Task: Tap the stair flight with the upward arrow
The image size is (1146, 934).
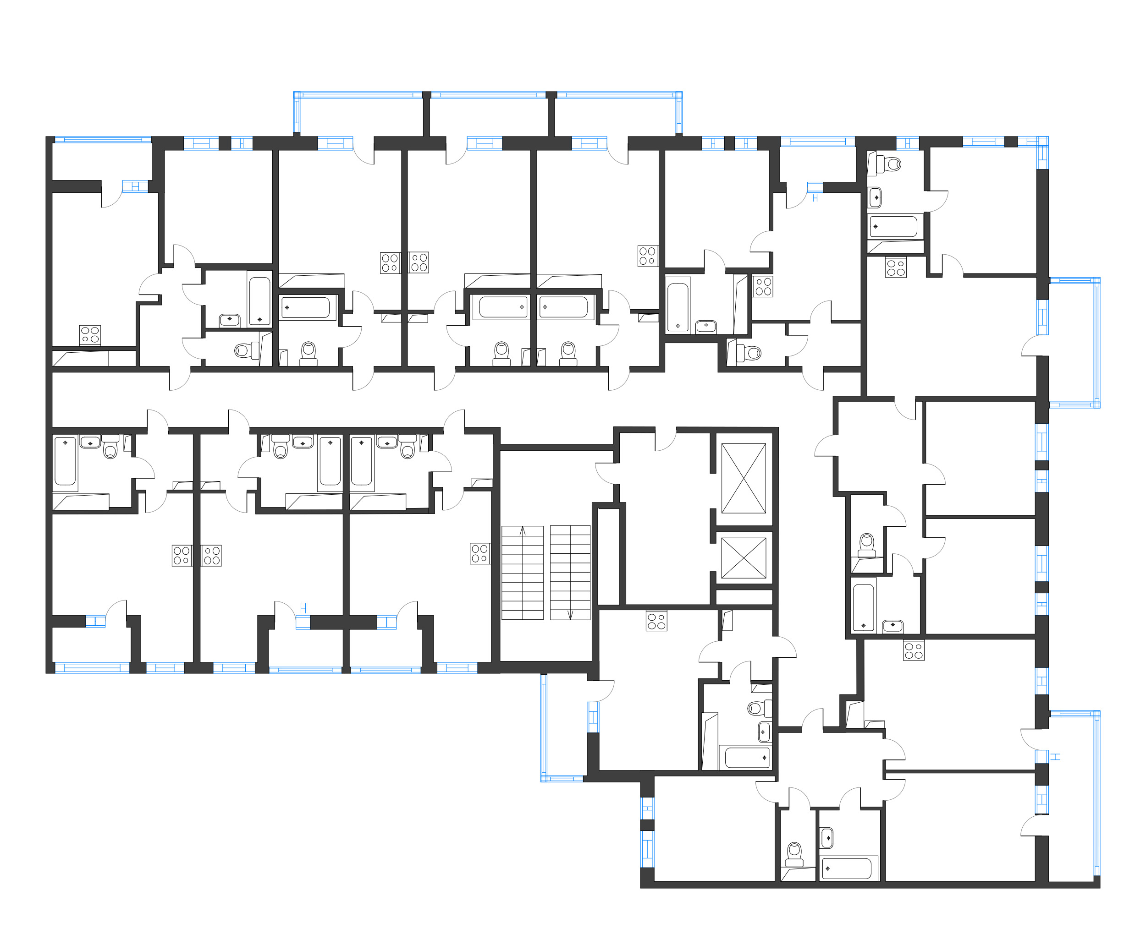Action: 522,573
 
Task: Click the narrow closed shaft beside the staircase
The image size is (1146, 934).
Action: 608,556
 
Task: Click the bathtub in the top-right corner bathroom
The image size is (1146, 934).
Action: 893,226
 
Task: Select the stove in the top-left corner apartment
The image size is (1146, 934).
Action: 90,335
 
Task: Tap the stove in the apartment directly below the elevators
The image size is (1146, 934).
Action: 656,622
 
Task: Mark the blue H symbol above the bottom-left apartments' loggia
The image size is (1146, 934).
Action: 303,608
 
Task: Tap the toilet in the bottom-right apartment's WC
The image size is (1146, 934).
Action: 794,853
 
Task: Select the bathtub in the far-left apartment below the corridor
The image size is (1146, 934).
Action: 65,461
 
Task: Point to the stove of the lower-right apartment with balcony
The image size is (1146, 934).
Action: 913,650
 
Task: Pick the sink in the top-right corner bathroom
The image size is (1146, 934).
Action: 875,197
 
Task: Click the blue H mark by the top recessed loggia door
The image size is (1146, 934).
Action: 815,198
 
